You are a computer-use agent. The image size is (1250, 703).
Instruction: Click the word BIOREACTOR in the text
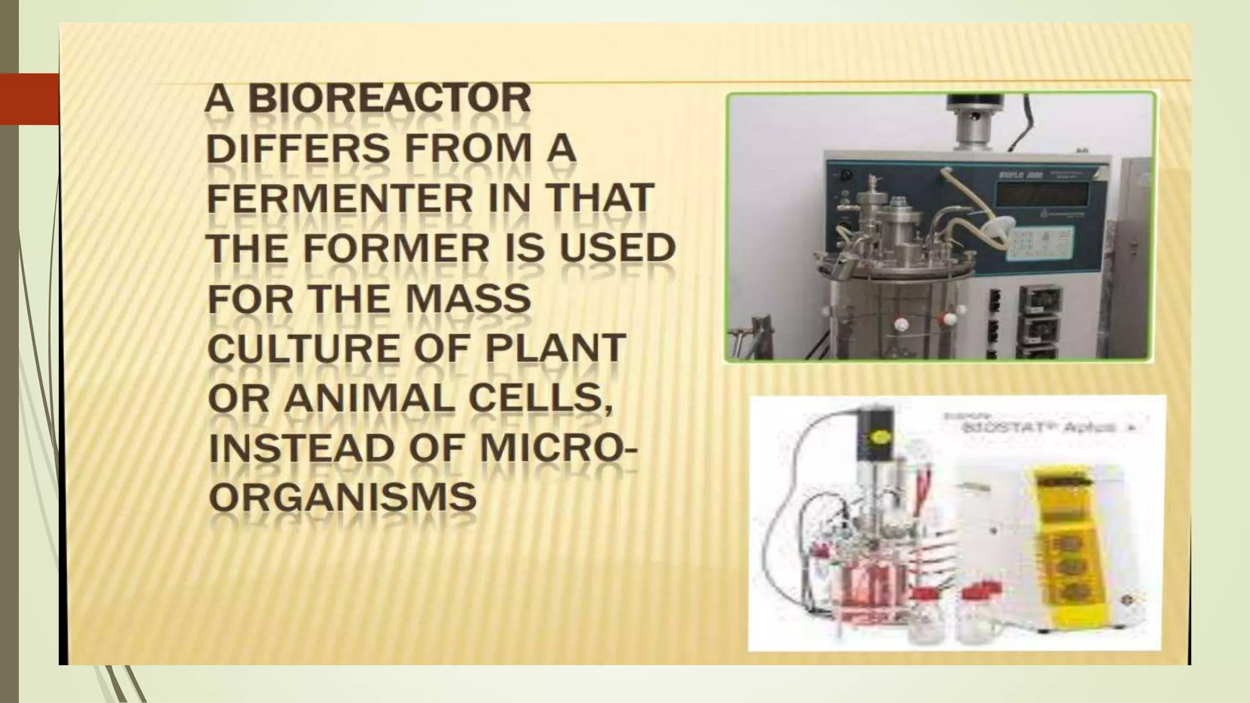point(389,99)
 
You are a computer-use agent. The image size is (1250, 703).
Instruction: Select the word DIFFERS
point(298,150)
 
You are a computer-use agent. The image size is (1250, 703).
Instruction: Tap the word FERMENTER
point(340,200)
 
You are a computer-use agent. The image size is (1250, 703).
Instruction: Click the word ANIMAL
point(369,400)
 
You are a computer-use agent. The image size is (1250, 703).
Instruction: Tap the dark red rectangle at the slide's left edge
point(29,99)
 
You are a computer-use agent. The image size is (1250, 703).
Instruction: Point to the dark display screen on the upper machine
point(1041,194)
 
